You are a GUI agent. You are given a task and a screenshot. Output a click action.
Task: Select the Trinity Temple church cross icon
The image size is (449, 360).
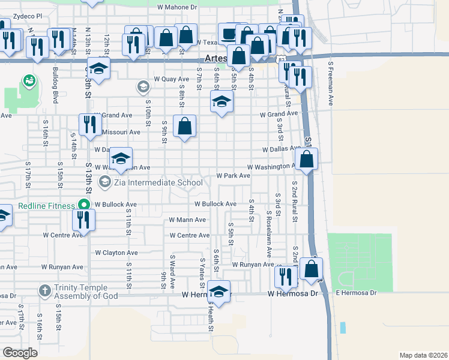[x=44, y=291]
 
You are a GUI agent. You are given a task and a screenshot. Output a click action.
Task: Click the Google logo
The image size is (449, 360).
[x=20, y=353]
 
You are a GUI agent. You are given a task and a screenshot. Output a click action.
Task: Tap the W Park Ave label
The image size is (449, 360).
[x=233, y=176]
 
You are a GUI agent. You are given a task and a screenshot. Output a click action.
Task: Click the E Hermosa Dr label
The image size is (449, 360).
[x=355, y=293]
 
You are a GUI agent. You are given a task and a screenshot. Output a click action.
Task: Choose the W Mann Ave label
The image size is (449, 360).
[x=187, y=220]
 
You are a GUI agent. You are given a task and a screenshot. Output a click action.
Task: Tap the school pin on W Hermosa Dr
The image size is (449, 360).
[x=219, y=292]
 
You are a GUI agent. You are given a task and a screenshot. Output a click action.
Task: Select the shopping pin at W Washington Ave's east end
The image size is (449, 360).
[x=307, y=159]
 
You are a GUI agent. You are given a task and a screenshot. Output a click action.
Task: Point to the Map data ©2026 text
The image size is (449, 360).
[x=423, y=355]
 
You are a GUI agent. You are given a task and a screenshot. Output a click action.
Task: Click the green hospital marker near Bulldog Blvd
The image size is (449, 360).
[x=28, y=80]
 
